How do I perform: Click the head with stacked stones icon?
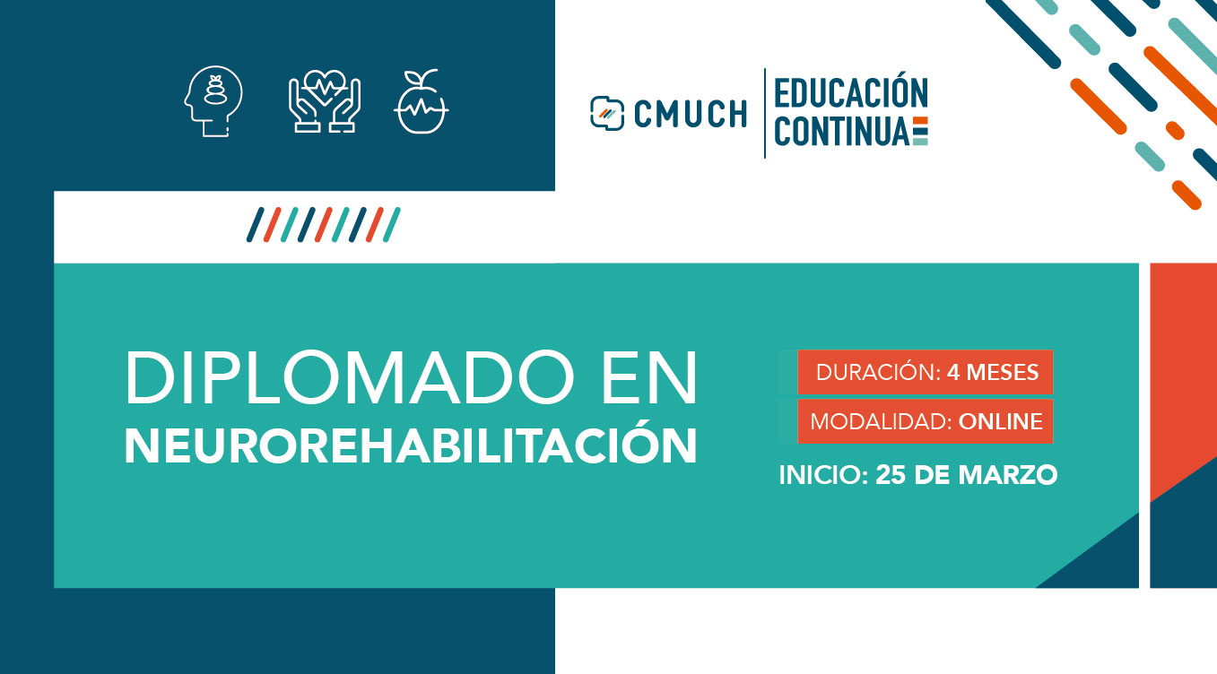coord(213,101)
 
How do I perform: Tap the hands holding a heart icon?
coord(325,101)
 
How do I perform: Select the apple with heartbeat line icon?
coord(422,101)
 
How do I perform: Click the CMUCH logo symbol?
coord(607,113)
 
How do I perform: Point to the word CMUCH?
coord(691,114)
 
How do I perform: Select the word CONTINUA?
coord(842,131)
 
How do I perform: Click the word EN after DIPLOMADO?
coord(649,377)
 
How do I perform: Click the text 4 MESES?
coord(993,373)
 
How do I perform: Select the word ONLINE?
coord(1000,421)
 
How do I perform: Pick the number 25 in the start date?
coord(891,475)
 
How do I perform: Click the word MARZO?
coord(1008,475)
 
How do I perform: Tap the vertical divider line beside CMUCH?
coord(765,113)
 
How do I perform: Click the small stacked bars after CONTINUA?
coord(920,131)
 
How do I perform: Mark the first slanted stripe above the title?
coord(256,224)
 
